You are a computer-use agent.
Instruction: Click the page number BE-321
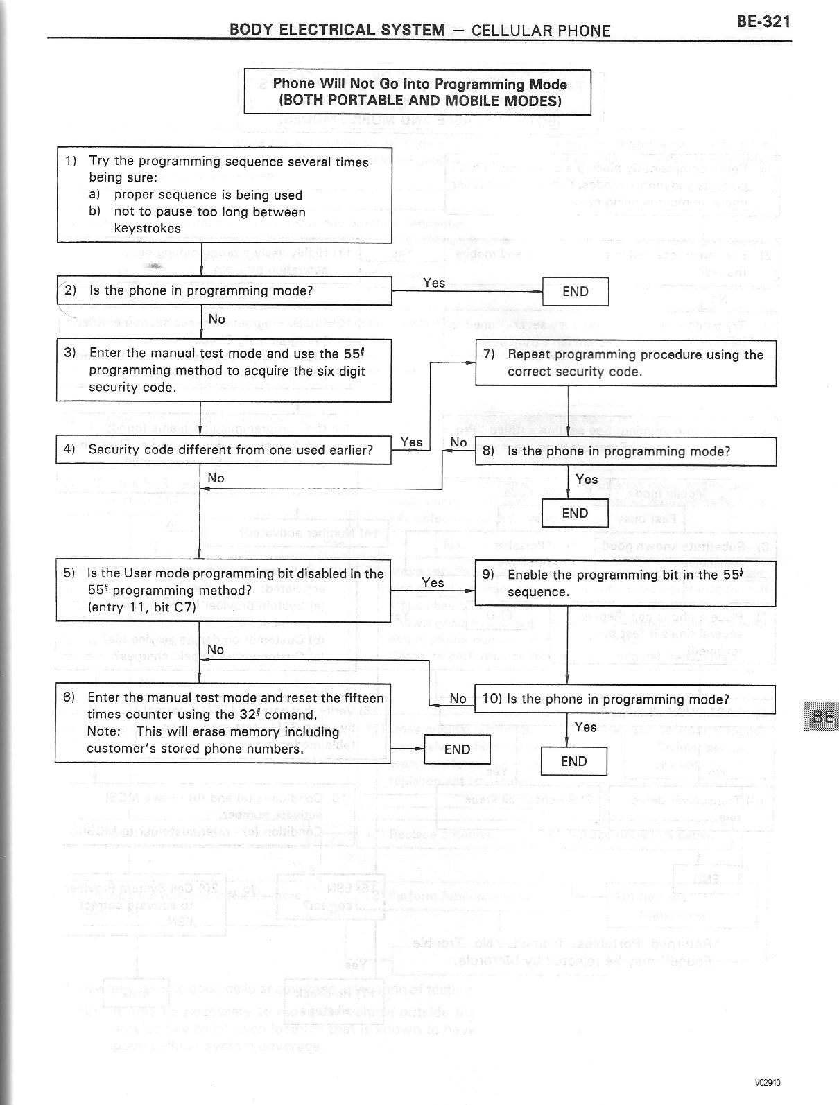763,21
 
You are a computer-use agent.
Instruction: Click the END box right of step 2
575,291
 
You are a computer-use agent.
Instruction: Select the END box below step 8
574,513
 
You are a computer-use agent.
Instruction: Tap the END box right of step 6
457,749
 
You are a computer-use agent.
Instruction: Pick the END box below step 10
573,761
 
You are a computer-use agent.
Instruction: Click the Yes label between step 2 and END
434,283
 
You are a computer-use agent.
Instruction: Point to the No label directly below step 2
216,319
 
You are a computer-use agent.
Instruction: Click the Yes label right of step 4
411,442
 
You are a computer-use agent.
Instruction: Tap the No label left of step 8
458,442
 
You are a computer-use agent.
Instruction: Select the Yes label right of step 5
433,583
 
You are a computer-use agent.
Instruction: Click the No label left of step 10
458,699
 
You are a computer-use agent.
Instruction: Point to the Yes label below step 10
585,726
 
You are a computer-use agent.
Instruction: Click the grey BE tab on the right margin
822,717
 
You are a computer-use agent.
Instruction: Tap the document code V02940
772,1083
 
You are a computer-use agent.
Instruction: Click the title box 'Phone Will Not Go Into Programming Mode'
417,92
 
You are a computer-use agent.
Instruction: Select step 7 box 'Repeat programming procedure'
625,363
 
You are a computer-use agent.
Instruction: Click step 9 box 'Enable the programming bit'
625,583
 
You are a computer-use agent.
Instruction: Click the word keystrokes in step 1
147,228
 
